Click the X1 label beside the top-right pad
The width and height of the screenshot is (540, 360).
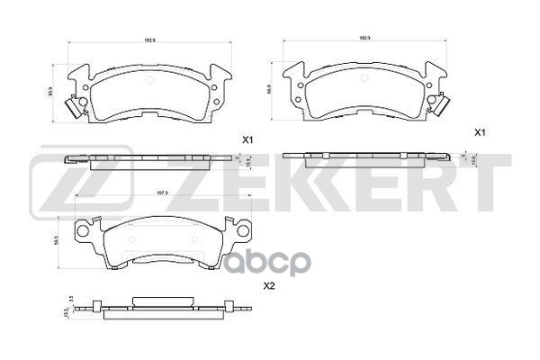[x=481, y=133]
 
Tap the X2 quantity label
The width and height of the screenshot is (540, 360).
[x=267, y=287]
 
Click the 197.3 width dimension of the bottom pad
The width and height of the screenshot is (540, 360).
[x=164, y=193]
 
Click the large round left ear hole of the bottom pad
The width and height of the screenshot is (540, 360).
[x=85, y=232]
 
